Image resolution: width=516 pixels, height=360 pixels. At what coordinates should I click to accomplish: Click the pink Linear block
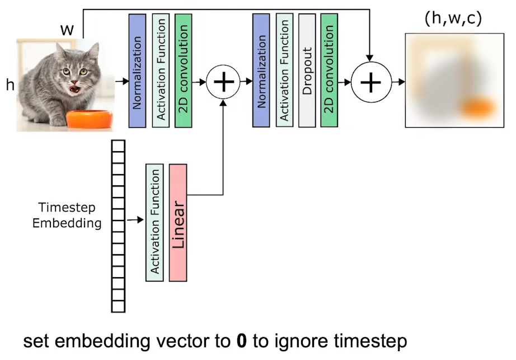click(177, 222)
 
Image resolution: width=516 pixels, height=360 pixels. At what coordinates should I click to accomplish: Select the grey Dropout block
click(307, 71)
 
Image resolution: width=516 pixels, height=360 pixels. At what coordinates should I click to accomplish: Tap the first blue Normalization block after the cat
click(137, 71)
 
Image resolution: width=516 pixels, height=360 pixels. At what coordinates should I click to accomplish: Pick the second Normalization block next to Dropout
click(261, 71)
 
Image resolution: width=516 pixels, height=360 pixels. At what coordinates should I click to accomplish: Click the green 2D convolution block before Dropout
click(184, 71)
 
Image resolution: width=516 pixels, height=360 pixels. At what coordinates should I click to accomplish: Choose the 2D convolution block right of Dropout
click(330, 71)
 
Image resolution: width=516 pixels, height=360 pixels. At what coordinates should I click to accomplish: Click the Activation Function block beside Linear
click(154, 222)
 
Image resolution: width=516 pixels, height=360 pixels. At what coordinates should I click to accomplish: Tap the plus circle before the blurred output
click(369, 82)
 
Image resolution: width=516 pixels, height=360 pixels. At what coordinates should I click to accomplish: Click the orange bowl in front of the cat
click(90, 119)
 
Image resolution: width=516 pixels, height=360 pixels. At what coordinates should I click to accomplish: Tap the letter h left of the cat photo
click(10, 86)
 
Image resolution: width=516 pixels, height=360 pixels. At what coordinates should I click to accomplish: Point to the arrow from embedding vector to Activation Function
click(135, 220)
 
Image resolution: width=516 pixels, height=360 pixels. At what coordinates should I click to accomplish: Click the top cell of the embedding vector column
click(118, 145)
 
